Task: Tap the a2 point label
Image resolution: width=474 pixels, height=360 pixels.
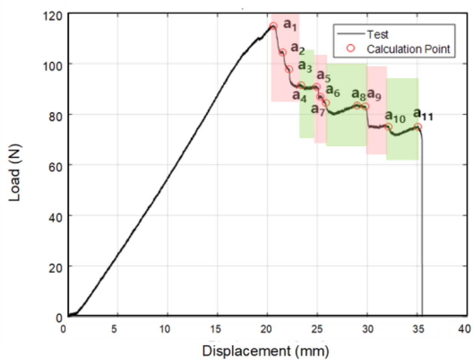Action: click(x=298, y=49)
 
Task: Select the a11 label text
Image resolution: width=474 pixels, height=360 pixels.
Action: click(x=423, y=114)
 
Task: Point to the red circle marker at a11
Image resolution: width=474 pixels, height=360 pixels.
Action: click(x=418, y=127)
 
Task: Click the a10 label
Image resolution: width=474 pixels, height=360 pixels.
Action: click(x=395, y=117)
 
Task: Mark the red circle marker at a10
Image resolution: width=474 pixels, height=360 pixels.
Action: click(x=389, y=127)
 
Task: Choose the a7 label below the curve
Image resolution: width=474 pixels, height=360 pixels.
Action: click(x=318, y=110)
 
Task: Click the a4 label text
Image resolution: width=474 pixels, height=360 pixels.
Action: click(x=299, y=96)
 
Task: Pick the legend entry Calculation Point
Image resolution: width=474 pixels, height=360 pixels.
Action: click(x=408, y=49)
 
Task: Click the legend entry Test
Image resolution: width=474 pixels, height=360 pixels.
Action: click(x=377, y=35)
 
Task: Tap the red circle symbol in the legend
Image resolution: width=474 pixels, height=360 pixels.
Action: click(x=351, y=48)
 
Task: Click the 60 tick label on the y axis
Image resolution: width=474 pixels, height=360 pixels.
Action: click(x=55, y=166)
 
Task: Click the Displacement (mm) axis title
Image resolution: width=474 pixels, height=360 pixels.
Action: click(x=266, y=351)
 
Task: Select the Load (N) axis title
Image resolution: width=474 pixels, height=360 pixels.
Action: click(x=15, y=173)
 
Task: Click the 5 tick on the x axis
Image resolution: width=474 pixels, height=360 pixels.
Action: click(x=114, y=329)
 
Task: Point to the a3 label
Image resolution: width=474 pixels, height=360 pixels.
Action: click(x=305, y=67)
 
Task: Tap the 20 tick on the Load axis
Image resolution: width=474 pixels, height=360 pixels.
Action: click(x=55, y=267)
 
